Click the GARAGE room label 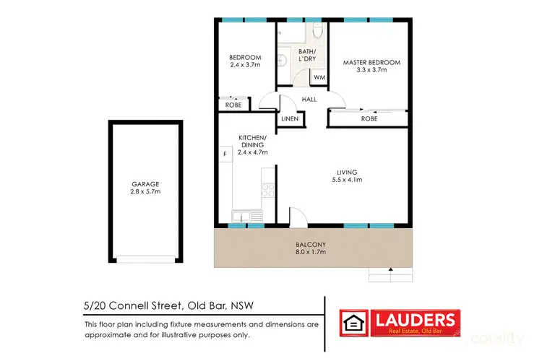[x=145, y=183]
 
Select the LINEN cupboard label [x=291, y=118]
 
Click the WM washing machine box [x=319, y=78]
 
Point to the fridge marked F [x=225, y=154]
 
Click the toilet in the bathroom [x=317, y=32]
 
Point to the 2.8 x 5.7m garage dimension [x=145, y=192]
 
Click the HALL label [x=309, y=100]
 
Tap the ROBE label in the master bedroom [x=369, y=118]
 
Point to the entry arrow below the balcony [x=391, y=271]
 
